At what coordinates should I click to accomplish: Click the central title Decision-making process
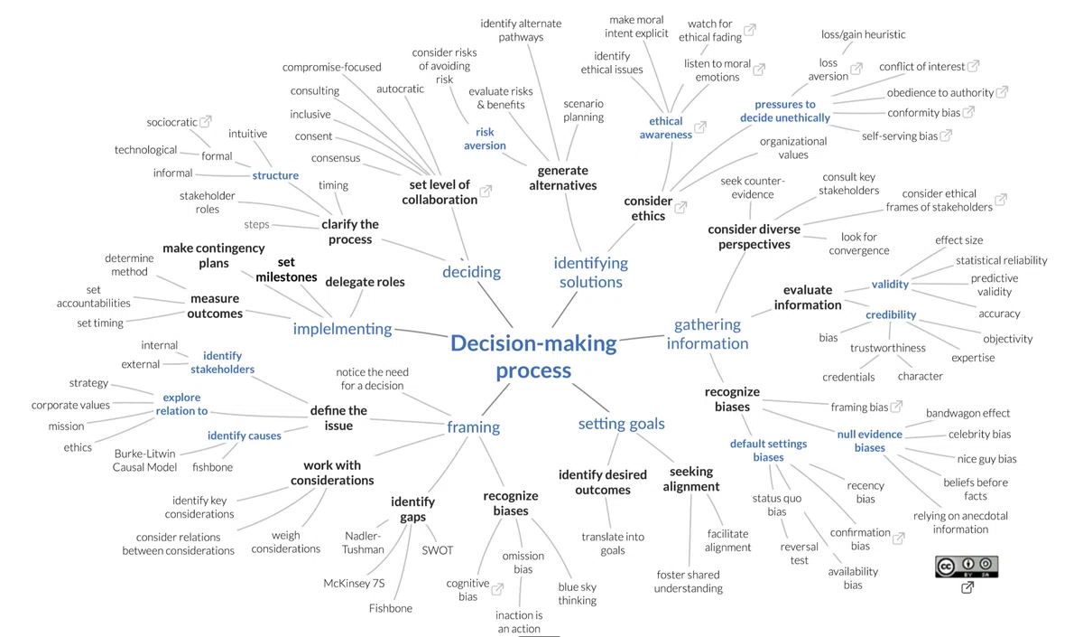pyautogui.click(x=533, y=357)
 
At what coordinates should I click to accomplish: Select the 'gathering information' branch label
pyautogui.click(x=708, y=333)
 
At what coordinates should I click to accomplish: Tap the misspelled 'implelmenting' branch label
pyautogui.click(x=342, y=329)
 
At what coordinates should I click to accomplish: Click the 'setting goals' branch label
pyautogui.click(x=621, y=424)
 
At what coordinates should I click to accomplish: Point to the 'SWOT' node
pyautogui.click(x=437, y=550)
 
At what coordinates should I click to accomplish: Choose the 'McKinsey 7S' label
pyautogui.click(x=354, y=584)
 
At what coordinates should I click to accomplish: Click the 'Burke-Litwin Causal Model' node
pyautogui.click(x=144, y=460)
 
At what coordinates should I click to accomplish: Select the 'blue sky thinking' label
pyautogui.click(x=578, y=594)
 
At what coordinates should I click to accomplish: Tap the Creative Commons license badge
pyautogui.click(x=967, y=567)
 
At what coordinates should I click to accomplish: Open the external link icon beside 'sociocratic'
pyautogui.click(x=206, y=121)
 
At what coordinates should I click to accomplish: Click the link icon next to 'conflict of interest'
pyautogui.click(x=973, y=65)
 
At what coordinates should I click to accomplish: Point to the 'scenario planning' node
pyautogui.click(x=583, y=110)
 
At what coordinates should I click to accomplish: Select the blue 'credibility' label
pyautogui.click(x=891, y=314)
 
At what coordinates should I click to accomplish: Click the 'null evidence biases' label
pyautogui.click(x=869, y=441)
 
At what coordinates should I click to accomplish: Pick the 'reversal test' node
pyautogui.click(x=800, y=553)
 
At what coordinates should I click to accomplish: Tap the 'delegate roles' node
pyautogui.click(x=365, y=282)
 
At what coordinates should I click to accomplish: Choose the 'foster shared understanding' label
pyautogui.click(x=688, y=581)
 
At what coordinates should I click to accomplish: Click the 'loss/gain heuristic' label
pyautogui.click(x=863, y=34)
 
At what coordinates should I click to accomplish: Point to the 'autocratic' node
pyautogui.click(x=400, y=89)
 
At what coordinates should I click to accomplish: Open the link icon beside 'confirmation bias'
pyautogui.click(x=898, y=539)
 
